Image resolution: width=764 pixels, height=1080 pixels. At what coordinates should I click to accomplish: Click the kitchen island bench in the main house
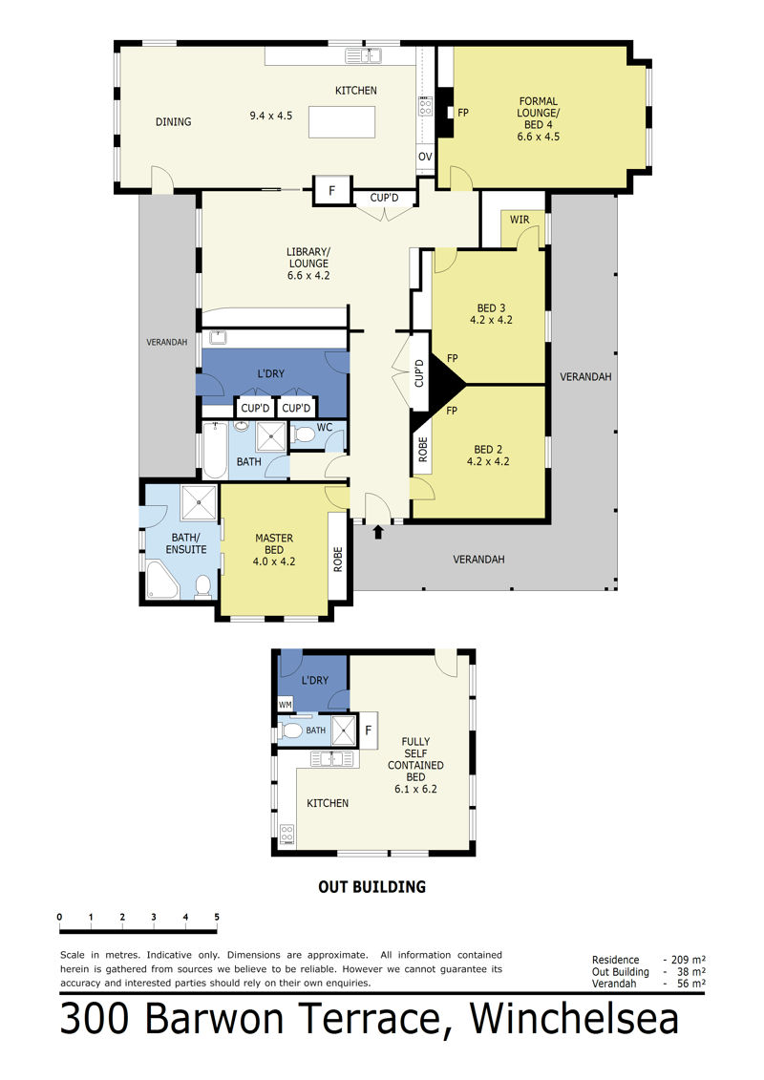pyautogui.click(x=342, y=122)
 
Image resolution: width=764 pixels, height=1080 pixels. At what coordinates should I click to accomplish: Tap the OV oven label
pyautogui.click(x=425, y=157)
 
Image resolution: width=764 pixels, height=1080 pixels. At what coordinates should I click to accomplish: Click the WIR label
pyautogui.click(x=520, y=220)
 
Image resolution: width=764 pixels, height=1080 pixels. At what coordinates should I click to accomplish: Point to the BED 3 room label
pyautogui.click(x=491, y=307)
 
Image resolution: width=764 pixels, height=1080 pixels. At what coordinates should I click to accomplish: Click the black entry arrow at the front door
pyautogui.click(x=377, y=533)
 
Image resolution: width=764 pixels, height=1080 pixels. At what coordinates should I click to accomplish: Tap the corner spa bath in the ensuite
pyautogui.click(x=162, y=580)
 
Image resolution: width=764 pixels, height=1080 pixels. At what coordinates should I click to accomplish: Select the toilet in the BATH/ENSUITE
pyautogui.click(x=202, y=586)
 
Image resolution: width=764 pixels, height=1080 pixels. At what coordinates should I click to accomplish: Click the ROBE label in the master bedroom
pyautogui.click(x=337, y=559)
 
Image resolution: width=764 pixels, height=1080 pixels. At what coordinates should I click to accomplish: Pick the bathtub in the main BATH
pyautogui.click(x=215, y=451)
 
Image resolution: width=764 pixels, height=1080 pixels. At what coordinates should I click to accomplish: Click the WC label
pyautogui.click(x=325, y=428)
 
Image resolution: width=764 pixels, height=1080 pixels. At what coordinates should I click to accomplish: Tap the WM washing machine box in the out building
pyautogui.click(x=286, y=704)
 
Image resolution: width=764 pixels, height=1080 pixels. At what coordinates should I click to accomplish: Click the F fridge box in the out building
pyautogui.click(x=368, y=731)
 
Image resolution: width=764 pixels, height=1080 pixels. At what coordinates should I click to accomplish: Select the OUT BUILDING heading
pyautogui.click(x=372, y=886)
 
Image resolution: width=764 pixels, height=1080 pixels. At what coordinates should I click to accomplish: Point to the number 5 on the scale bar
pyautogui.click(x=217, y=917)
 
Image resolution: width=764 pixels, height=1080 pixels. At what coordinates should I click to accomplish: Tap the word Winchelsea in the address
pyautogui.click(x=574, y=1019)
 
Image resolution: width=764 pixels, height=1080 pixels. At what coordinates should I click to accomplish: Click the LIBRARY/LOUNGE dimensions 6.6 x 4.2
pyautogui.click(x=308, y=276)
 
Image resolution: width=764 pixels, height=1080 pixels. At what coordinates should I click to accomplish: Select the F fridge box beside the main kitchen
pyautogui.click(x=332, y=190)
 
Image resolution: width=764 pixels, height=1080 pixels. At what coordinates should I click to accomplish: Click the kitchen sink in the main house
pyautogui.click(x=363, y=55)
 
